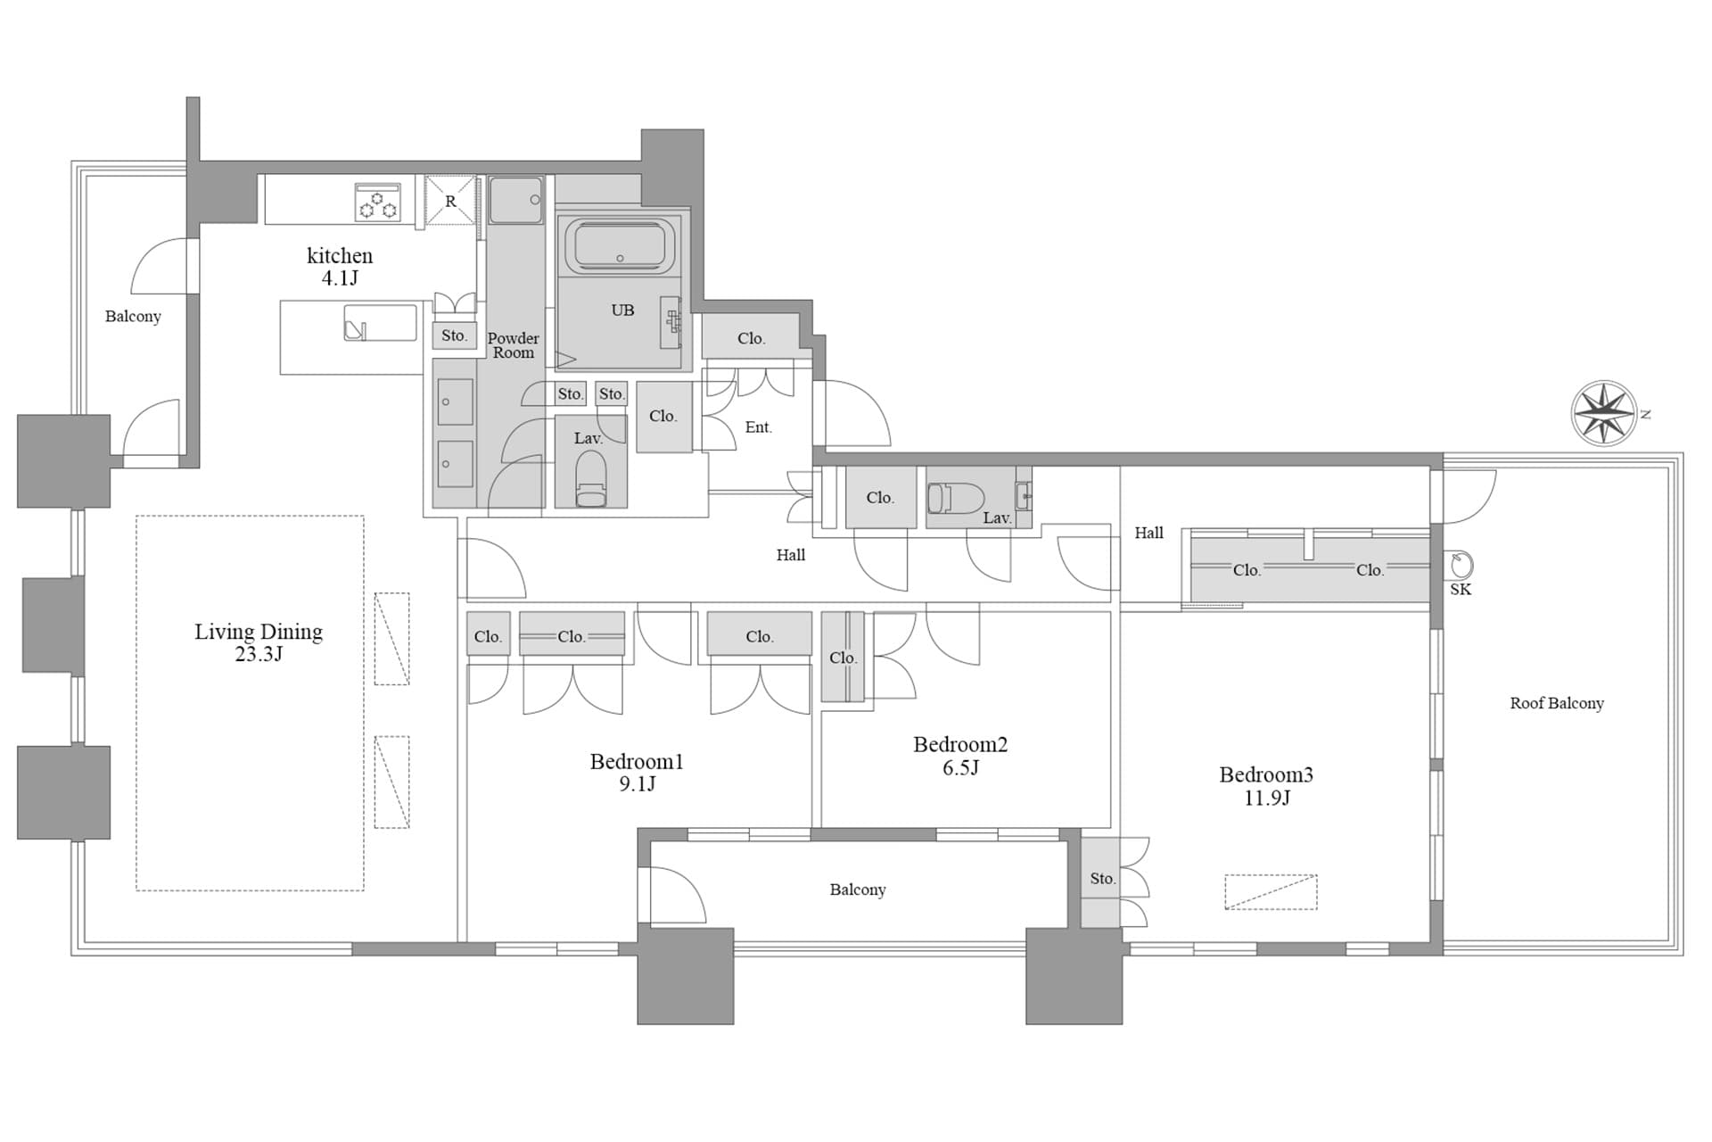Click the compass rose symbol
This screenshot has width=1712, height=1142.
tap(1603, 412)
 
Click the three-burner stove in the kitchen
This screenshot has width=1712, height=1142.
tap(378, 202)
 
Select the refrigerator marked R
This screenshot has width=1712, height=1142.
tap(450, 201)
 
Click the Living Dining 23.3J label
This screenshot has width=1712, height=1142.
tap(259, 642)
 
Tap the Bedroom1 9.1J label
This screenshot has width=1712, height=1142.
tap(637, 773)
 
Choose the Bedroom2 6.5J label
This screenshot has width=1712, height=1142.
tap(960, 756)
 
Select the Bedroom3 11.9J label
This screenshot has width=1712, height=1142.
tap(1266, 786)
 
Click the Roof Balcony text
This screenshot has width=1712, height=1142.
tap(1557, 703)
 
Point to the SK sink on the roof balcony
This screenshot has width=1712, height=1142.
tap(1461, 565)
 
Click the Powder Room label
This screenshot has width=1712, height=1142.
tap(514, 345)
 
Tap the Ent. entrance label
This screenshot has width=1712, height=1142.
tap(759, 427)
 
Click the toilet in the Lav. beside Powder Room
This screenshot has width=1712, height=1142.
tap(590, 478)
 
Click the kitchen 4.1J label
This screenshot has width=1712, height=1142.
tap(340, 266)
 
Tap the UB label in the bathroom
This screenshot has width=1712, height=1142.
tap(622, 310)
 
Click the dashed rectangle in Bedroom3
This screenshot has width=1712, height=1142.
tap(1271, 892)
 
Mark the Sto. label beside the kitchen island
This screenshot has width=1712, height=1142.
tap(455, 335)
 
